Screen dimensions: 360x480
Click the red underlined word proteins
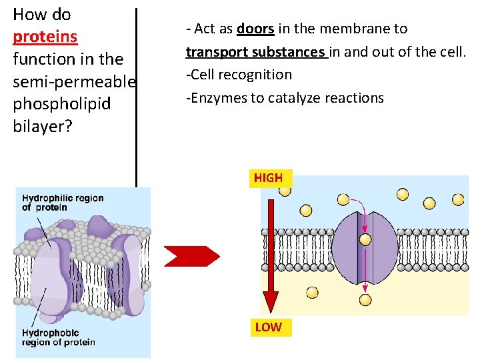tap(45, 37)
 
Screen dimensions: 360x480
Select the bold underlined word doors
tap(255, 29)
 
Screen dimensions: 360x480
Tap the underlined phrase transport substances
tap(256, 52)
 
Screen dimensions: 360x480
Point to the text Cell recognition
tap(241, 75)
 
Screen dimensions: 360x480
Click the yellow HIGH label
tap(268, 178)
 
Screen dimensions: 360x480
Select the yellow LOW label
tap(268, 327)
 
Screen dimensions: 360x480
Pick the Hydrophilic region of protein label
tap(63, 203)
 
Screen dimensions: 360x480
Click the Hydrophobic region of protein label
tap(59, 337)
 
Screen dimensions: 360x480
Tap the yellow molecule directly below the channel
tap(365, 299)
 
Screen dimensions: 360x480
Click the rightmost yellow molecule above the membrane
tap(459, 199)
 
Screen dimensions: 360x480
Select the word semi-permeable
tap(74, 81)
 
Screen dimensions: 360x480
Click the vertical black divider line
tap(137, 93)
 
